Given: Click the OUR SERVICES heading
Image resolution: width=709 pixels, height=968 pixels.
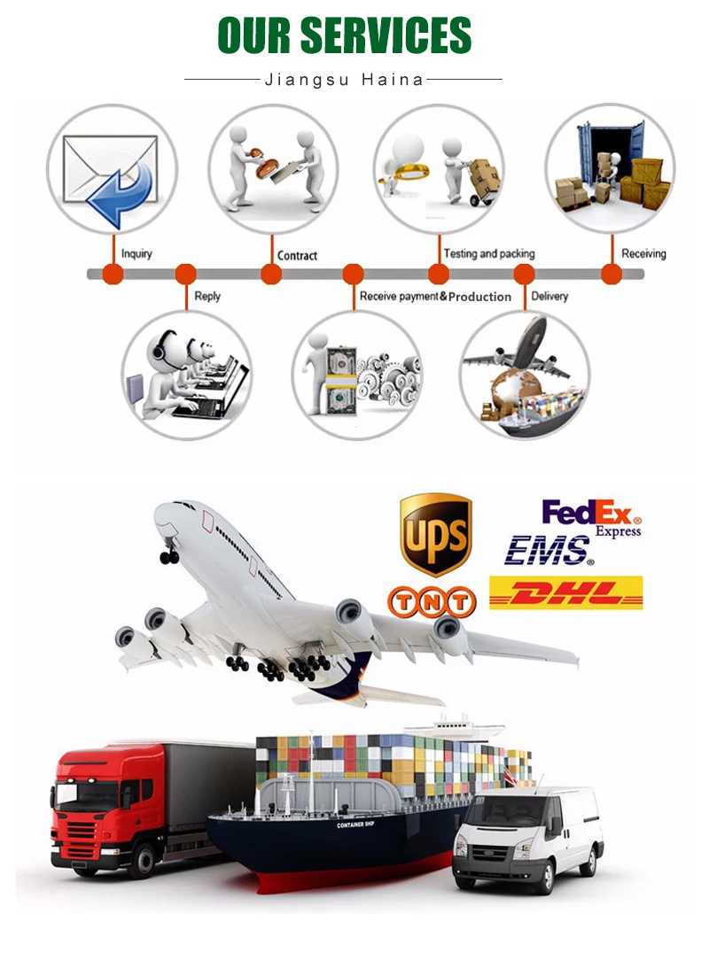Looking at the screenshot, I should click(344, 35).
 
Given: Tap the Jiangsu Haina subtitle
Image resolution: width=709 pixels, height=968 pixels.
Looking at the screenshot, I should click(344, 80).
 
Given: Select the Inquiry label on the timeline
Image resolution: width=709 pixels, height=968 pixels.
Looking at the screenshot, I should click(136, 254).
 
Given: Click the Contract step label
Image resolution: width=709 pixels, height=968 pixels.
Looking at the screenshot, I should click(297, 256).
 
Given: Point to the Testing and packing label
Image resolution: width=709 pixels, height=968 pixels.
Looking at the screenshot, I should click(488, 253).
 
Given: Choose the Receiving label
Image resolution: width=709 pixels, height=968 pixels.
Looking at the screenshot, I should click(643, 253).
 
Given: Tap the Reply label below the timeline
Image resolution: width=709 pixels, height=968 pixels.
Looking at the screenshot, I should click(207, 296).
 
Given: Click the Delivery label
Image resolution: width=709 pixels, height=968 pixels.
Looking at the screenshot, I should click(549, 296).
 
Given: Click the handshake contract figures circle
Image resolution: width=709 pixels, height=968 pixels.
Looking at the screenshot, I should click(273, 168).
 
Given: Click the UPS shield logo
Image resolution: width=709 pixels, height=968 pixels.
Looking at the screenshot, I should click(435, 533).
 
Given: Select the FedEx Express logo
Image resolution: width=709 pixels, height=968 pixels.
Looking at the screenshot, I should click(591, 517).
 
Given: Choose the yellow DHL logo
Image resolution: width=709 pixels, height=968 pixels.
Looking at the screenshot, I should click(566, 592).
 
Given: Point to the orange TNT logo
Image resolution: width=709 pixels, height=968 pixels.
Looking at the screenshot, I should click(432, 602).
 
